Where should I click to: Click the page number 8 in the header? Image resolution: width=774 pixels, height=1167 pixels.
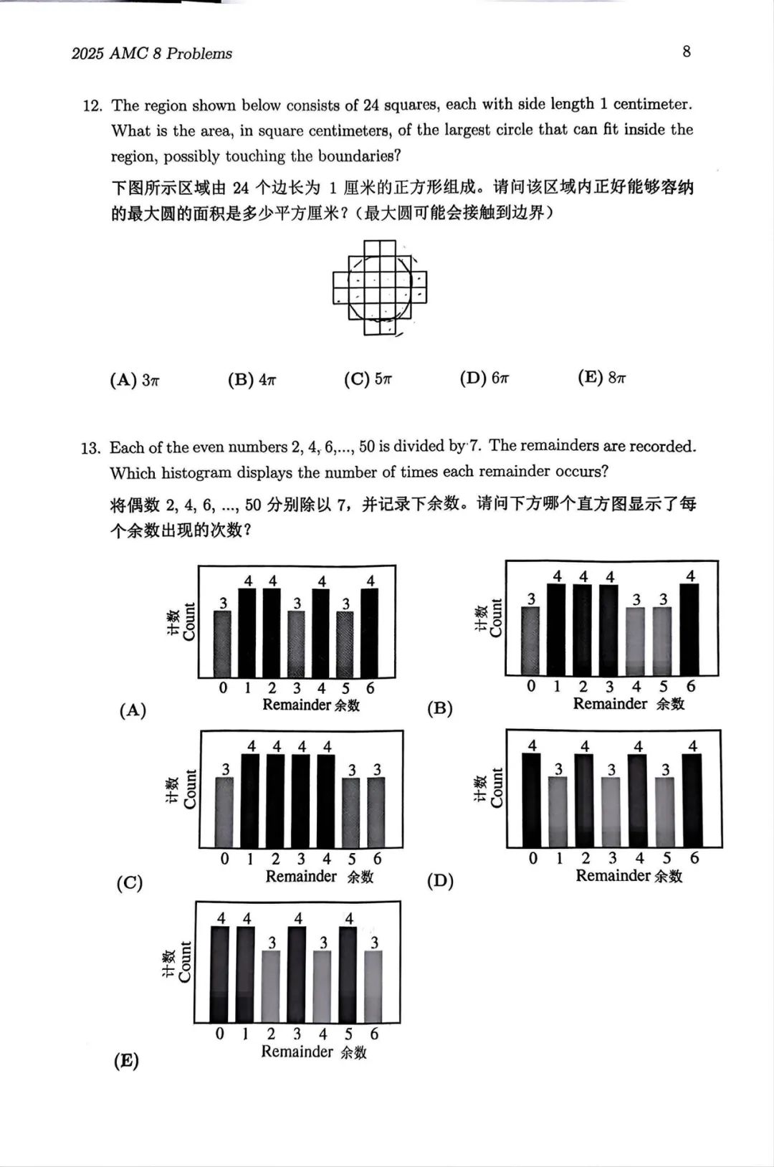(x=687, y=52)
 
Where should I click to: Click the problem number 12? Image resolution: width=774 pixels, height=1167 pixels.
(x=92, y=106)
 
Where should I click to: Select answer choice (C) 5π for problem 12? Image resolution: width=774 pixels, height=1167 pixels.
(x=368, y=379)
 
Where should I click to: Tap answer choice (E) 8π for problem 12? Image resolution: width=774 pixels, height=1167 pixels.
(x=602, y=378)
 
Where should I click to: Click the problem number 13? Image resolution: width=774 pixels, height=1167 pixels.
(x=91, y=449)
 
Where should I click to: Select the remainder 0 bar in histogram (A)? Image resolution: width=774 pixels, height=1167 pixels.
(x=223, y=643)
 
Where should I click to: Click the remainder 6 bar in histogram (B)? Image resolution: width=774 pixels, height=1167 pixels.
(x=689, y=629)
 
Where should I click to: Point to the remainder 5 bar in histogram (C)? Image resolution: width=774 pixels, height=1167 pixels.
(x=351, y=812)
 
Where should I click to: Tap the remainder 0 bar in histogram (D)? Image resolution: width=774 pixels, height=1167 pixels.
(x=532, y=799)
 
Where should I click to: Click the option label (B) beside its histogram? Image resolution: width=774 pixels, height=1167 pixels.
(x=439, y=709)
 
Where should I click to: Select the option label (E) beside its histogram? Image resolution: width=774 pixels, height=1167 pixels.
(x=126, y=1061)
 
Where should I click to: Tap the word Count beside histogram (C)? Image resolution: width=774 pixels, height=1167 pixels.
(x=190, y=789)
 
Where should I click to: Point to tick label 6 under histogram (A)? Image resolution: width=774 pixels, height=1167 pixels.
(x=371, y=688)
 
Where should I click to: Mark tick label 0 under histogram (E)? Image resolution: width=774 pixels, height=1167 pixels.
(x=220, y=1034)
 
